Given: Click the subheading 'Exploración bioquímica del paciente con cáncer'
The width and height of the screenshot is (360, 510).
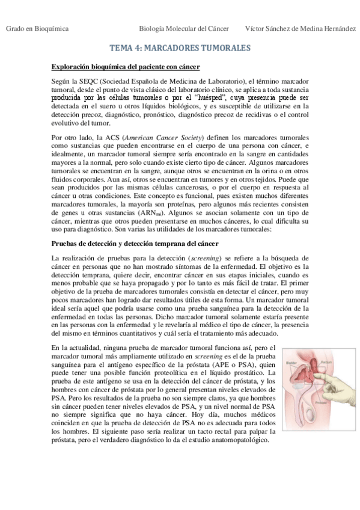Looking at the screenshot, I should pos(126,67).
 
